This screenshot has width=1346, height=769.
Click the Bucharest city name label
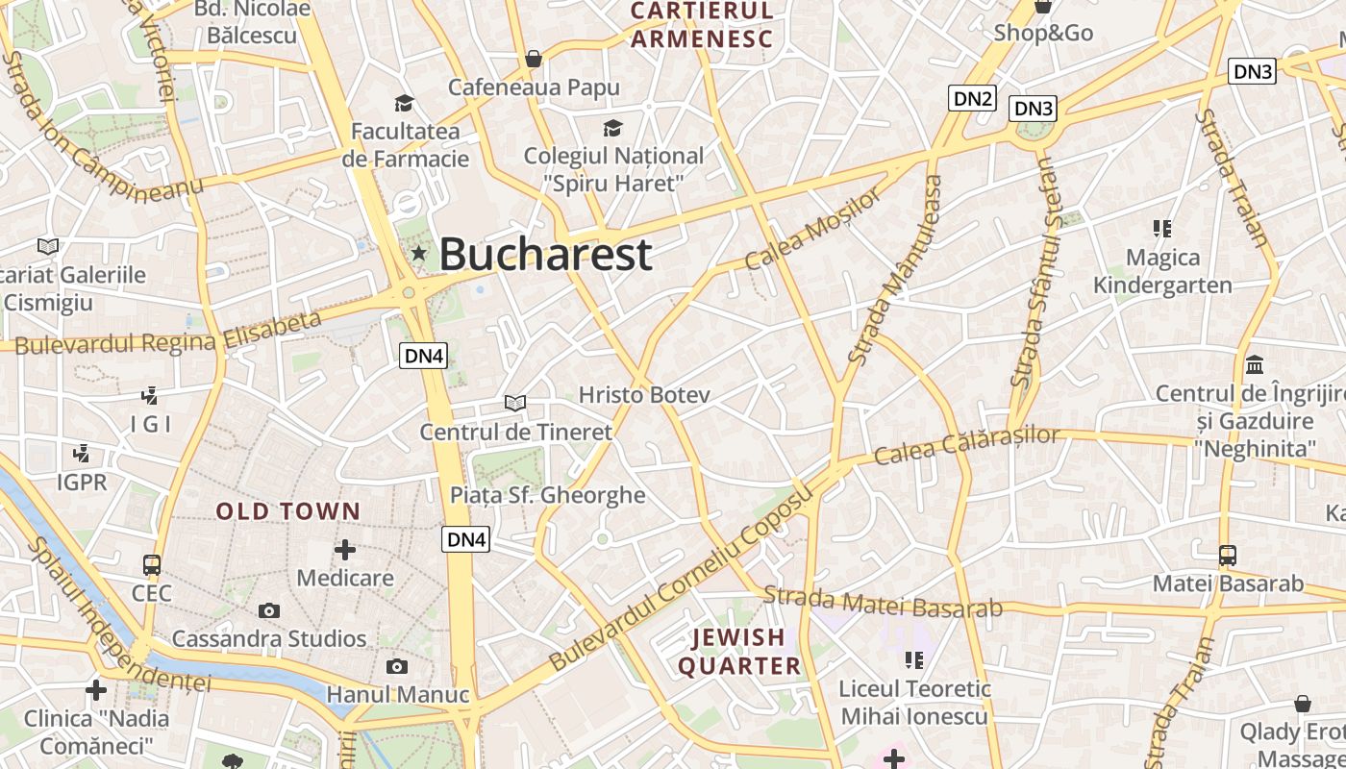point(545,255)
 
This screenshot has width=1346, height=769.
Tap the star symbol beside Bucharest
point(419,254)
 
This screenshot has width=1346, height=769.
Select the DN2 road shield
point(972,98)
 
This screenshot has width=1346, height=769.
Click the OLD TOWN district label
point(288,511)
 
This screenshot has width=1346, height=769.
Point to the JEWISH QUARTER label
point(739,652)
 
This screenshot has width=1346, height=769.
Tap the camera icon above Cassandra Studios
point(269,610)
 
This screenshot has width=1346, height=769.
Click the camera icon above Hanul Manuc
point(396,666)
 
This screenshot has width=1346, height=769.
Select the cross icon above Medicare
point(344,550)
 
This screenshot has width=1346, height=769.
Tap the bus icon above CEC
point(152,564)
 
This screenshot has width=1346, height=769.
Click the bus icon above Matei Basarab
point(1228,555)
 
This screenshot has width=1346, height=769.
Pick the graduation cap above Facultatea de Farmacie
point(404,103)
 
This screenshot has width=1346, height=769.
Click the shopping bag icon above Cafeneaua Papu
point(534,60)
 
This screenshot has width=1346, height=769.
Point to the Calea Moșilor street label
point(812,229)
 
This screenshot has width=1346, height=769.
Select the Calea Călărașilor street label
point(967,445)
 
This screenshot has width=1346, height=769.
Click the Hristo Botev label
point(644,395)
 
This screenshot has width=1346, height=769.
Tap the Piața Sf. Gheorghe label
point(548,495)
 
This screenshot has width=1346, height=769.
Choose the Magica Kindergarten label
point(1162,271)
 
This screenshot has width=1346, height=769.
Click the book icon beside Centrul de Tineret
point(515,403)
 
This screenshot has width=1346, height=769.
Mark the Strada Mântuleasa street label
point(894,270)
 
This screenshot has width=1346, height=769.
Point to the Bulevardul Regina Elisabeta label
point(168,333)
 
